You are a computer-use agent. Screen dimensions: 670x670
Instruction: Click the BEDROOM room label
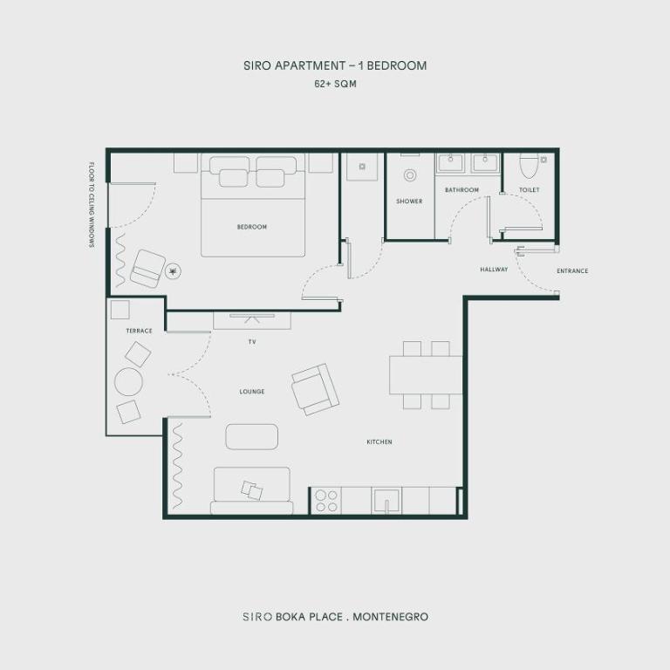[x=251, y=227]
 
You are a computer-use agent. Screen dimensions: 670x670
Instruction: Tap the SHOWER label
[x=409, y=202]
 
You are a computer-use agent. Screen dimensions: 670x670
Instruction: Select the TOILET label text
[x=529, y=189]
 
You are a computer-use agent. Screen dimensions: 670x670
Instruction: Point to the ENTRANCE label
[x=572, y=271]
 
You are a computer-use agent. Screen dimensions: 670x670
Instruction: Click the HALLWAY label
[x=494, y=270]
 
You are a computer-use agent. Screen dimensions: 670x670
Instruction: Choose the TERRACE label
[x=139, y=331]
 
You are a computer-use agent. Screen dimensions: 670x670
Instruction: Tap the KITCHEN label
[x=379, y=442]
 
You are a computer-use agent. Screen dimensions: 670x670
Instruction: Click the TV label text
[x=251, y=342]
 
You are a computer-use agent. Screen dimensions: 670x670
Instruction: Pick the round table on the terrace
[x=128, y=382]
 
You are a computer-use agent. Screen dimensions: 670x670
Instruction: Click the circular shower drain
[x=410, y=175]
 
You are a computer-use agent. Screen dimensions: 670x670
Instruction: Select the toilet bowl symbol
[x=529, y=165]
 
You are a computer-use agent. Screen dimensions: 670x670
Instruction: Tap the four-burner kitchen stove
[x=326, y=501]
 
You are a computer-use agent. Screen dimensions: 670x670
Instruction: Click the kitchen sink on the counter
[x=386, y=500]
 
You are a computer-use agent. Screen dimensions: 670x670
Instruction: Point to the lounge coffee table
[x=252, y=436]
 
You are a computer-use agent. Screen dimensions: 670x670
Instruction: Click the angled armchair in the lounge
[x=315, y=388]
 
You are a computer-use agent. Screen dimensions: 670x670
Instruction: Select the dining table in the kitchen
[x=426, y=375]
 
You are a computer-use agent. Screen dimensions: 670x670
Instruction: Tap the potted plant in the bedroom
[x=173, y=272]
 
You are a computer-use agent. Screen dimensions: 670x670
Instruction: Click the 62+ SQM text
[x=335, y=85]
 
